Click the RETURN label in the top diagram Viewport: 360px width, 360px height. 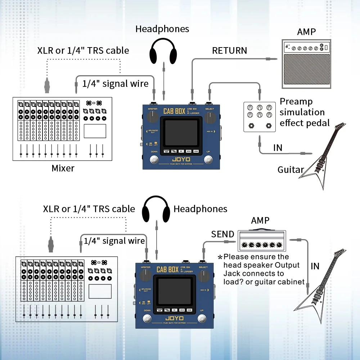(229, 50)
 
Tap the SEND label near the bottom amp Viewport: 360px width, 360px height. (222, 234)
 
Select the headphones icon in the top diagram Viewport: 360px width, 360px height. (163, 51)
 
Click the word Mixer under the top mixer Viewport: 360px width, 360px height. (63, 168)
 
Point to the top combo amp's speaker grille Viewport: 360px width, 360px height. (306, 70)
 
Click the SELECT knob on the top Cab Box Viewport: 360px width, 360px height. (209, 117)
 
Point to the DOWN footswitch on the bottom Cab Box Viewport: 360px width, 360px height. (147, 319)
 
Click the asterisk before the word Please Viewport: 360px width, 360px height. (220, 257)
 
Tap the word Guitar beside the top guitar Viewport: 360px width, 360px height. (291, 170)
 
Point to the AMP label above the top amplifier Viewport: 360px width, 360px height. (306, 32)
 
